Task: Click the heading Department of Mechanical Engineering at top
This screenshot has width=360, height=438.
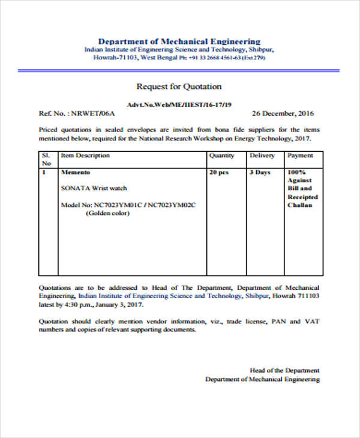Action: [179, 41]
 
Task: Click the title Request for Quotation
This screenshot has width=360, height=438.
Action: [179, 86]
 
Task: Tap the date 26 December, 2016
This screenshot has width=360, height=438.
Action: [283, 113]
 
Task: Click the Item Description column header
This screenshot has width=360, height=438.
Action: [86, 155]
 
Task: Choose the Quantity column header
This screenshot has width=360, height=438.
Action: [221, 155]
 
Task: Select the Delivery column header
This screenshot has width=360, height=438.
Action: [262, 155]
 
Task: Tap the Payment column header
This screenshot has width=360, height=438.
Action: [300, 155]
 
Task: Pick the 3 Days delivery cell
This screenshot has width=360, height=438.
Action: [260, 172]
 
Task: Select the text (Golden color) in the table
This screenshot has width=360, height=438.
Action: [107, 213]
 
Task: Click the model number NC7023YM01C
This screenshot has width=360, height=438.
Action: [118, 205]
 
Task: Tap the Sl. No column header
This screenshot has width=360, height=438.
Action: [46, 159]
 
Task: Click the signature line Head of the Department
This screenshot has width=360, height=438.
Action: [284, 370]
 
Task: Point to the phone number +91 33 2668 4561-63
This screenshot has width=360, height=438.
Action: [214, 58]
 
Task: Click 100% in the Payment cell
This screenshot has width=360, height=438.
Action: [296, 172]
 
